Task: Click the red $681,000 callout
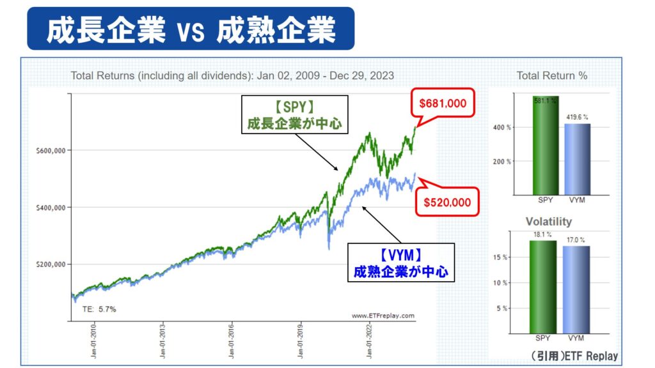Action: coord(443,102)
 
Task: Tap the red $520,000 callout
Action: coord(448,203)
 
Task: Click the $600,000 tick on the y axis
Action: coord(52,151)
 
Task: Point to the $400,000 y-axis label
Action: coord(52,208)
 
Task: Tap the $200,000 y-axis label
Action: coord(52,264)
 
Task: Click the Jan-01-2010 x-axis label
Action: coord(95,342)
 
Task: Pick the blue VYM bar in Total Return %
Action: coord(576,159)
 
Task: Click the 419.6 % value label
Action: coord(576,118)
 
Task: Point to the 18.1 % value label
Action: coord(543,234)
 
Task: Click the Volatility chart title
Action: coord(548,222)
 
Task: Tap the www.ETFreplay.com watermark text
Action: coord(383,316)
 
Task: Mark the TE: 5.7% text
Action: coord(99,309)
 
